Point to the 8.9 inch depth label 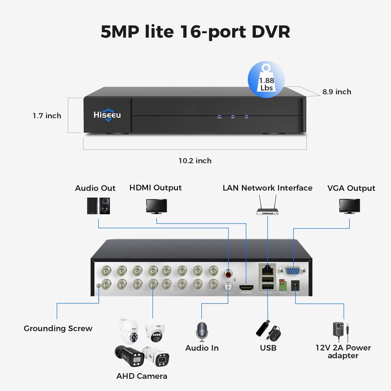click(x=336, y=91)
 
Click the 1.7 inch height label click(x=47, y=116)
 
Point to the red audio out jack click(x=228, y=270)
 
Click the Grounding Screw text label click(x=58, y=328)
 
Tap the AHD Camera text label click(x=142, y=376)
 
